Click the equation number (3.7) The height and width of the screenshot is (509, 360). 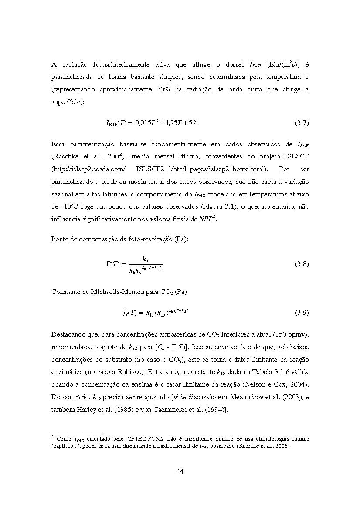pos(302,123)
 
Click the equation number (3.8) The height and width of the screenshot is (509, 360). pos(302,264)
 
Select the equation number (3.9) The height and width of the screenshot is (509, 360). pos(302,313)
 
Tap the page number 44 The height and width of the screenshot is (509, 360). pos(180,471)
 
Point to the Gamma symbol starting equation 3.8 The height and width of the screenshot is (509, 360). pos(109,264)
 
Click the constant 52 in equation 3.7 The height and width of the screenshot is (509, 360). pos(192,123)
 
